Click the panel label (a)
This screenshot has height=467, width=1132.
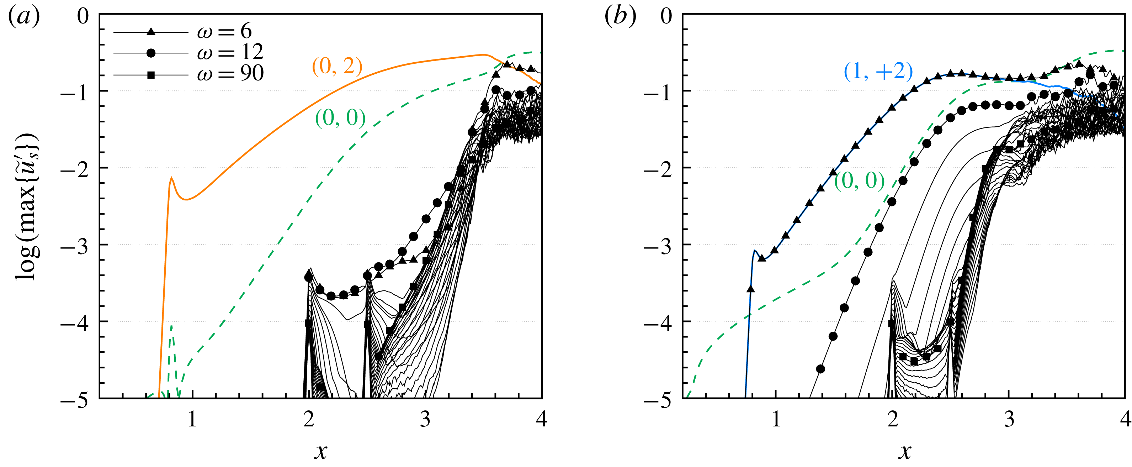pyautogui.click(x=24, y=17)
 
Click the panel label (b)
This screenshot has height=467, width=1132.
pyautogui.click(x=620, y=17)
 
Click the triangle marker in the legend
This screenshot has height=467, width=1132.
pyautogui.click(x=151, y=31)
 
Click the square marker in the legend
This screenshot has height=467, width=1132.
pyautogui.click(x=151, y=75)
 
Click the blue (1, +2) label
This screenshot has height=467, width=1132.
pyautogui.click(x=878, y=71)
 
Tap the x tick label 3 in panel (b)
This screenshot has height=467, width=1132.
pyautogui.click(x=1009, y=419)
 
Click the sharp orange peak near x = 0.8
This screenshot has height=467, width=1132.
pyautogui.click(x=171, y=178)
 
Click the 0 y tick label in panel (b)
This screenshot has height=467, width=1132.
pyautogui.click(x=666, y=17)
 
